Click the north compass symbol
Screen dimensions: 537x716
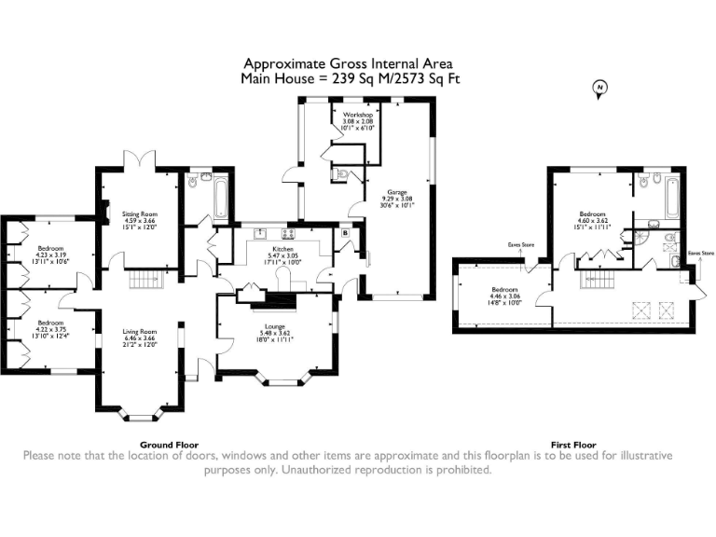click(x=600, y=89)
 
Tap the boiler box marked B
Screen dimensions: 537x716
click(x=346, y=232)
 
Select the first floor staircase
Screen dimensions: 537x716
click(x=594, y=281)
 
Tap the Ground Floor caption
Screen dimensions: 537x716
click(x=169, y=445)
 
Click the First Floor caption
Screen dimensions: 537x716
click(x=572, y=445)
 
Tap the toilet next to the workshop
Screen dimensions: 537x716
click(x=341, y=172)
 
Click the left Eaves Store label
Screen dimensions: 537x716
click(x=521, y=245)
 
